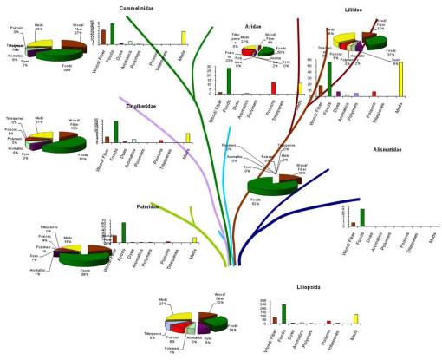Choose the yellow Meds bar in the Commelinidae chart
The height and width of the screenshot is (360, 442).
pyautogui.click(x=184, y=37)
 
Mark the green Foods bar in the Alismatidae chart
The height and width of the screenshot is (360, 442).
pyautogui.click(x=361, y=217)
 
